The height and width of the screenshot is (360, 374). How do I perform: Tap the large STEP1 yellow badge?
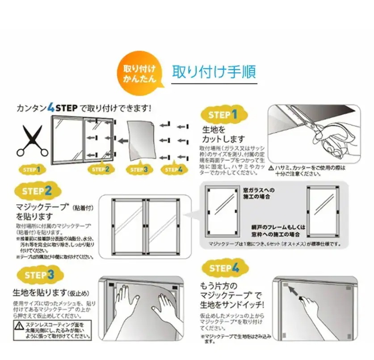click(x=222, y=115)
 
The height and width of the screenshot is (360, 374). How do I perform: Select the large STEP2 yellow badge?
click(x=37, y=191)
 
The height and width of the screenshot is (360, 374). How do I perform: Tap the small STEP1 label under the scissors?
click(x=32, y=170)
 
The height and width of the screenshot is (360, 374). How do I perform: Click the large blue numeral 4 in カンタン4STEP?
click(x=51, y=108)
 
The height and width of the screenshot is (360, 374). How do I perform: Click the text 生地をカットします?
click(x=224, y=134)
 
